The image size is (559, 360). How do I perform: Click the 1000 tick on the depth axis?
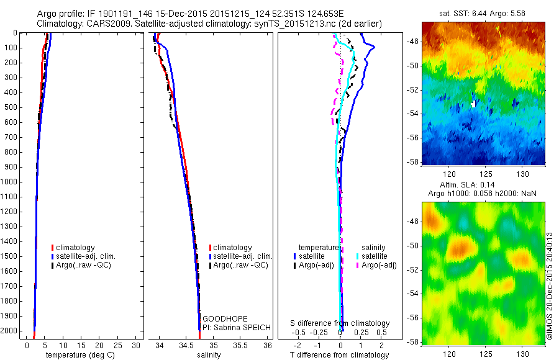click(x=11, y=182)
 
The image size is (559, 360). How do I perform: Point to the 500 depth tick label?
click(x=13, y=107)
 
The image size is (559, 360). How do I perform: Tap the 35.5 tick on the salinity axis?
click(x=240, y=345)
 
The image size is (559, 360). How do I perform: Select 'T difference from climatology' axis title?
click(x=340, y=355)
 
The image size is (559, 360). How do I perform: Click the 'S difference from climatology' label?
click(x=340, y=323)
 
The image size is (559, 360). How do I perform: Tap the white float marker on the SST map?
click(x=474, y=104)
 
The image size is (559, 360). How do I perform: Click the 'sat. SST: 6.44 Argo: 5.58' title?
click(x=483, y=14)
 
